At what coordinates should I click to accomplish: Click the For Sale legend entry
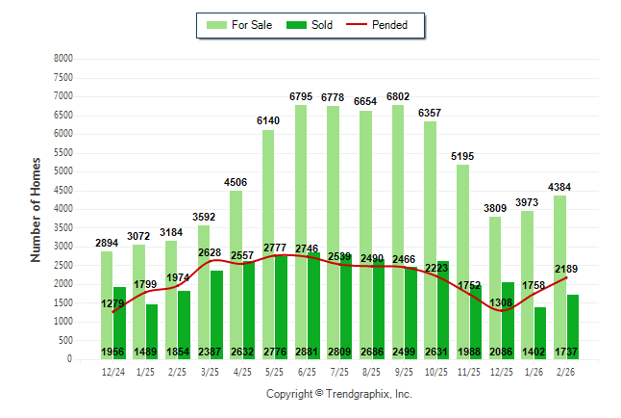coord(239,25)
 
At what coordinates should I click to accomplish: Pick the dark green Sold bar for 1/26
coord(540,327)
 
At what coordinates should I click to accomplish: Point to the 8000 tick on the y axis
coord(62,59)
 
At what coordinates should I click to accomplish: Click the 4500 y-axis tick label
coord(62,191)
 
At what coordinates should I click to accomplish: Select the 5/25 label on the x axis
coord(275,372)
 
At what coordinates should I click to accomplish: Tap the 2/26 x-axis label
coord(566,372)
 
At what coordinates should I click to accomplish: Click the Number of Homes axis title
coord(37,209)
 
